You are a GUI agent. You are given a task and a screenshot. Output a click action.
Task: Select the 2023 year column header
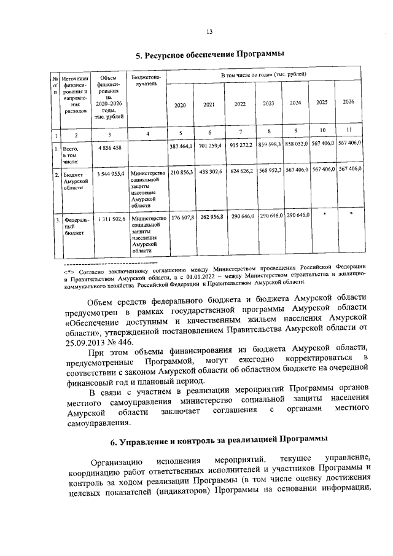click(268, 103)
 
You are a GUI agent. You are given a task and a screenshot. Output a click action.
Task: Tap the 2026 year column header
click(349, 101)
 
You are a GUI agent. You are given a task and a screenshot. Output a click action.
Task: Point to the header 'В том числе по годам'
click(263, 74)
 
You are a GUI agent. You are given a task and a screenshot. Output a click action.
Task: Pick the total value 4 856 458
click(109, 148)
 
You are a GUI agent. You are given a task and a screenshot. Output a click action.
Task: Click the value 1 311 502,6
click(110, 218)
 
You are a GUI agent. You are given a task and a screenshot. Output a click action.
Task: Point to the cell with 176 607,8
click(181, 217)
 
